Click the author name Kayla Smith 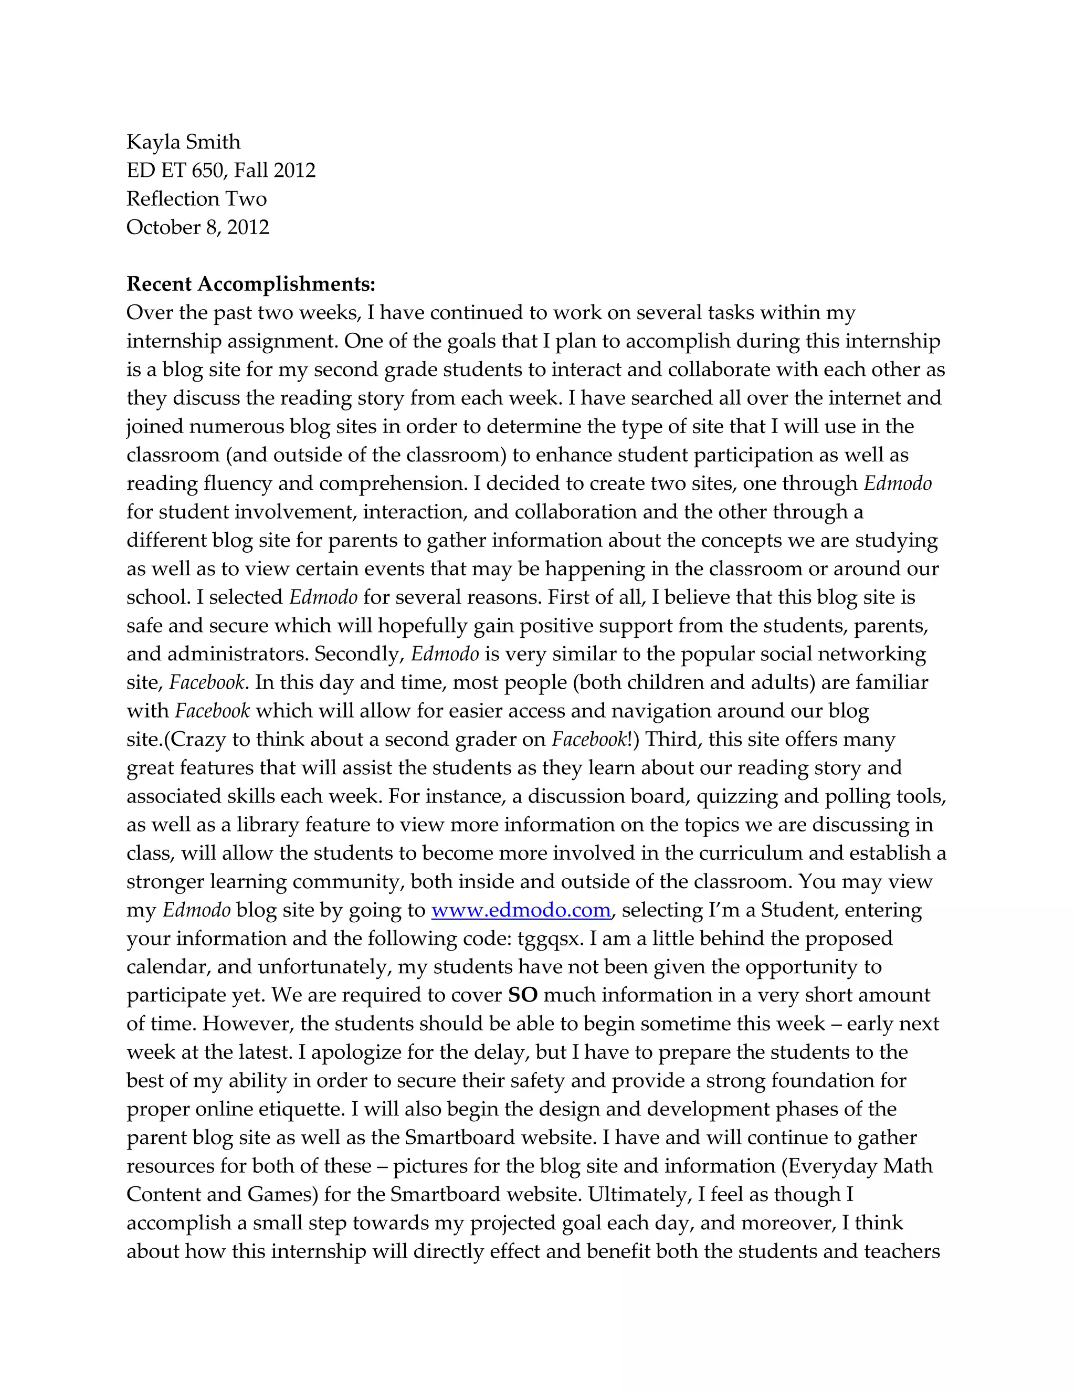click(183, 142)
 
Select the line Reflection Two click(196, 199)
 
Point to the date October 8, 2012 click(197, 227)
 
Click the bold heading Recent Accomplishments click(250, 284)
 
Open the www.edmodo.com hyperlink click(521, 910)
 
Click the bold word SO click(523, 995)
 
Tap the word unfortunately click(324, 967)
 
